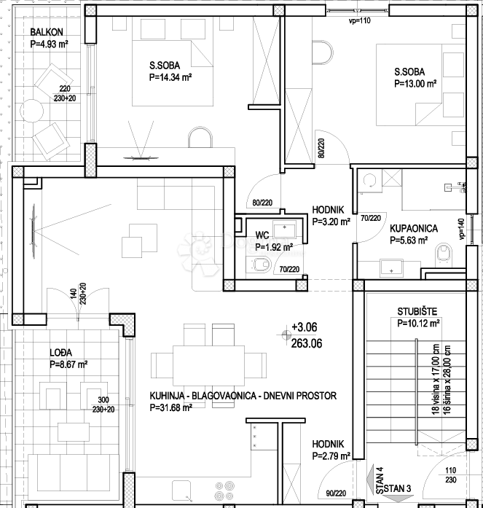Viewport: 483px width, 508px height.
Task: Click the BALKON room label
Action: (x=47, y=32)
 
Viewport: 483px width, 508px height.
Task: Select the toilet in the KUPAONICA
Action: (x=444, y=254)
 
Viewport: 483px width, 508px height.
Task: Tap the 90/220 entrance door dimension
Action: (x=336, y=493)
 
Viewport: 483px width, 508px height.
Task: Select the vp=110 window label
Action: (x=359, y=21)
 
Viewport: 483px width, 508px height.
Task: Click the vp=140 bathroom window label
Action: (x=461, y=230)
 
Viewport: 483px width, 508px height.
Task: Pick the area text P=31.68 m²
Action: (x=171, y=407)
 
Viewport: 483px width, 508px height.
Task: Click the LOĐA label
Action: (x=61, y=353)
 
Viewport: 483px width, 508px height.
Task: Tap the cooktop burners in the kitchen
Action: (x=225, y=491)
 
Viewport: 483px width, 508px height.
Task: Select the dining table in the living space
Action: (x=209, y=365)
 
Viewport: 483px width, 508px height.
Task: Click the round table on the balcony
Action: (x=31, y=111)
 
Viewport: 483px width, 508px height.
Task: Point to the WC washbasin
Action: (x=284, y=230)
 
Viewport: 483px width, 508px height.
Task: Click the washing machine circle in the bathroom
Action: (x=369, y=181)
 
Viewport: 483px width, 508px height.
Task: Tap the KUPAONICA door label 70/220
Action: (x=371, y=219)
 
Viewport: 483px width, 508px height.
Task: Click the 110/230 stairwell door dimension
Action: (x=451, y=474)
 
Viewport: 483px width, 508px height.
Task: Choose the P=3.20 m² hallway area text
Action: (x=331, y=222)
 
